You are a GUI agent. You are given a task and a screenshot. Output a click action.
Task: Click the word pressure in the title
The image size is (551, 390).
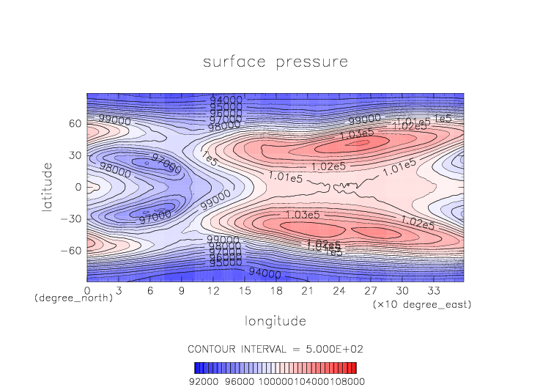312,62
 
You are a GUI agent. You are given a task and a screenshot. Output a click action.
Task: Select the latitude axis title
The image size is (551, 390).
48,188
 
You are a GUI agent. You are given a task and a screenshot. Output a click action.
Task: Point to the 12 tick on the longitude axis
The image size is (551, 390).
213,290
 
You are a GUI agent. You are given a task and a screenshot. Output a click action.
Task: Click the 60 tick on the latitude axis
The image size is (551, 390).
75,124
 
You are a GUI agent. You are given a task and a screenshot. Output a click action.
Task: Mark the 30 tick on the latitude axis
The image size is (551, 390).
75,155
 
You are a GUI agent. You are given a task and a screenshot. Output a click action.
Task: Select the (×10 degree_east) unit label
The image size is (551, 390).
421,303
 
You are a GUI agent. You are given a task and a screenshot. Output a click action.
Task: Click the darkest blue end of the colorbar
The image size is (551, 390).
196,367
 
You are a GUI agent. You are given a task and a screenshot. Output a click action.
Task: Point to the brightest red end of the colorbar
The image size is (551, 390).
355,367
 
